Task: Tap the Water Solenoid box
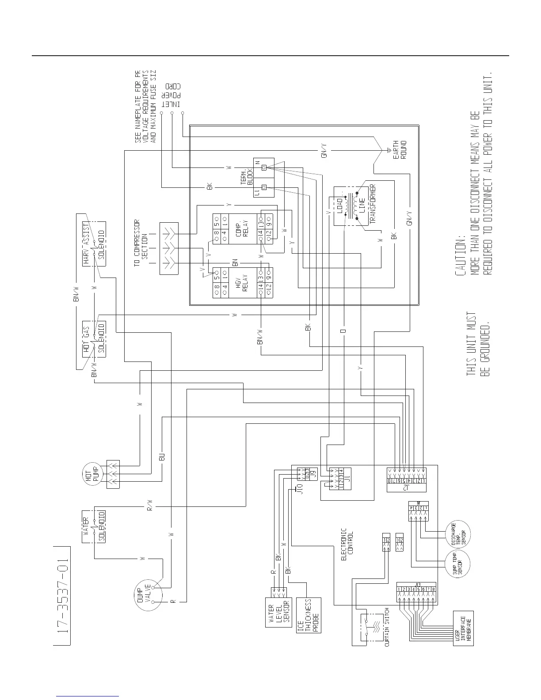click(94, 526)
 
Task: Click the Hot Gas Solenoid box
click(94, 339)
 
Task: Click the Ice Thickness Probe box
click(309, 616)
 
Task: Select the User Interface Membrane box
click(463, 628)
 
